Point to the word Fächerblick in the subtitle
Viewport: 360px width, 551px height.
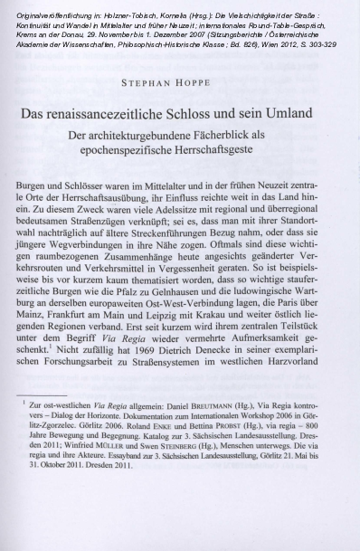pyautogui.click(x=224, y=138)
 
